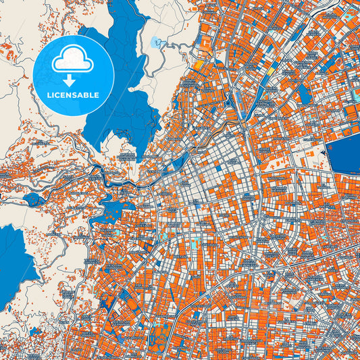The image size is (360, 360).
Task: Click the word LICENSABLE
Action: (72, 95)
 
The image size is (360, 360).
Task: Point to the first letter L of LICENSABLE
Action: (48, 95)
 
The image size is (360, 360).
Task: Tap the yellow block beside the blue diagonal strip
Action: (272, 70)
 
